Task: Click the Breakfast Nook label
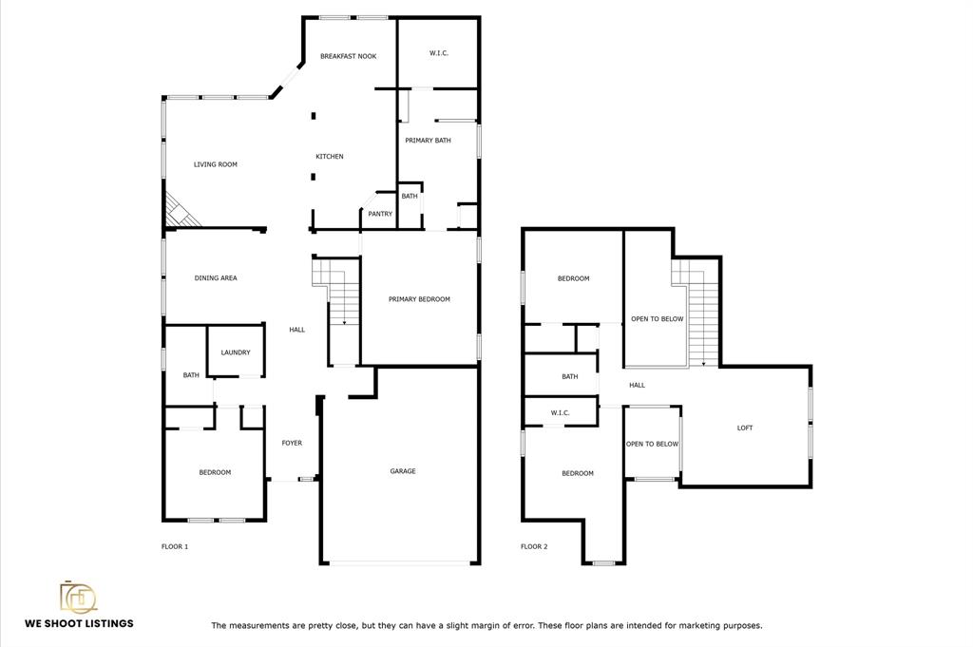pos(348,56)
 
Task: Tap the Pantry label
pos(380,214)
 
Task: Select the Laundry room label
pos(236,352)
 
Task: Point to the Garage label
pos(403,471)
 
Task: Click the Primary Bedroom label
pos(419,299)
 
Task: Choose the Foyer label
pos(292,443)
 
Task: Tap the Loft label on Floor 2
pos(745,428)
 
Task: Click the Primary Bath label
pos(428,141)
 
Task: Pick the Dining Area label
pos(216,278)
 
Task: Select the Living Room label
pos(216,165)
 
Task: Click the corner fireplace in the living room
pos(180,211)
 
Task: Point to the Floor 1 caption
pos(175,546)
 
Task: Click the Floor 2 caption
pos(534,546)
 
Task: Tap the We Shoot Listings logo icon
pos(78,597)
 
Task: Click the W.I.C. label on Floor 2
pos(560,413)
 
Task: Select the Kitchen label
pos(330,157)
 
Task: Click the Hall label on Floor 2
pos(637,385)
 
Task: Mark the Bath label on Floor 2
pos(570,376)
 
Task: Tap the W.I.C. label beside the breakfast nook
pos(439,53)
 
